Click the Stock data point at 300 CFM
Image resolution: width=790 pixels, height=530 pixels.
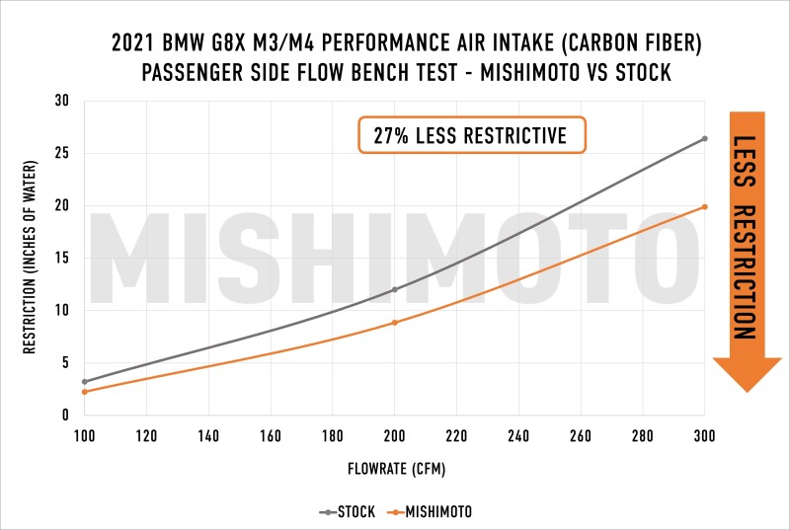tap(704, 138)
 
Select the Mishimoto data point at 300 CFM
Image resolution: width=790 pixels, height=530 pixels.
tap(704, 206)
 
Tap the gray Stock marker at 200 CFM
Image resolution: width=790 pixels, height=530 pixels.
tap(395, 289)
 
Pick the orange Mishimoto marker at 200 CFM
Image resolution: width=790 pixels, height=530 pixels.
tap(395, 323)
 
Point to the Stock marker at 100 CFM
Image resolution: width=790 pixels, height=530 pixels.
tap(85, 382)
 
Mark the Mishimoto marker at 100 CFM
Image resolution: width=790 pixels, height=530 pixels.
tap(85, 392)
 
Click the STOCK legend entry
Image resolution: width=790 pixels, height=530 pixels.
tap(347, 512)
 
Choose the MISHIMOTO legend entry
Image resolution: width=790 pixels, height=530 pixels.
tap(432, 512)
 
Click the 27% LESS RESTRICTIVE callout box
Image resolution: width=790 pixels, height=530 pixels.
tap(471, 135)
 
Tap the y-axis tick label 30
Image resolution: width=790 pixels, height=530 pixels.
tap(61, 101)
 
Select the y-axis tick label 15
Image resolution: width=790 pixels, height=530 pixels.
tap(61, 258)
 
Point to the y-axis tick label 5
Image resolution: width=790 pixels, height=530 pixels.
tap(64, 362)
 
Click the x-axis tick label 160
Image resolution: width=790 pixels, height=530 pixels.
tap(271, 434)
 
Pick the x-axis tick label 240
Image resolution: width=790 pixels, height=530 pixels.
tap(518, 434)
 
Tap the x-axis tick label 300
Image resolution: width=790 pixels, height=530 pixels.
tap(704, 434)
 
